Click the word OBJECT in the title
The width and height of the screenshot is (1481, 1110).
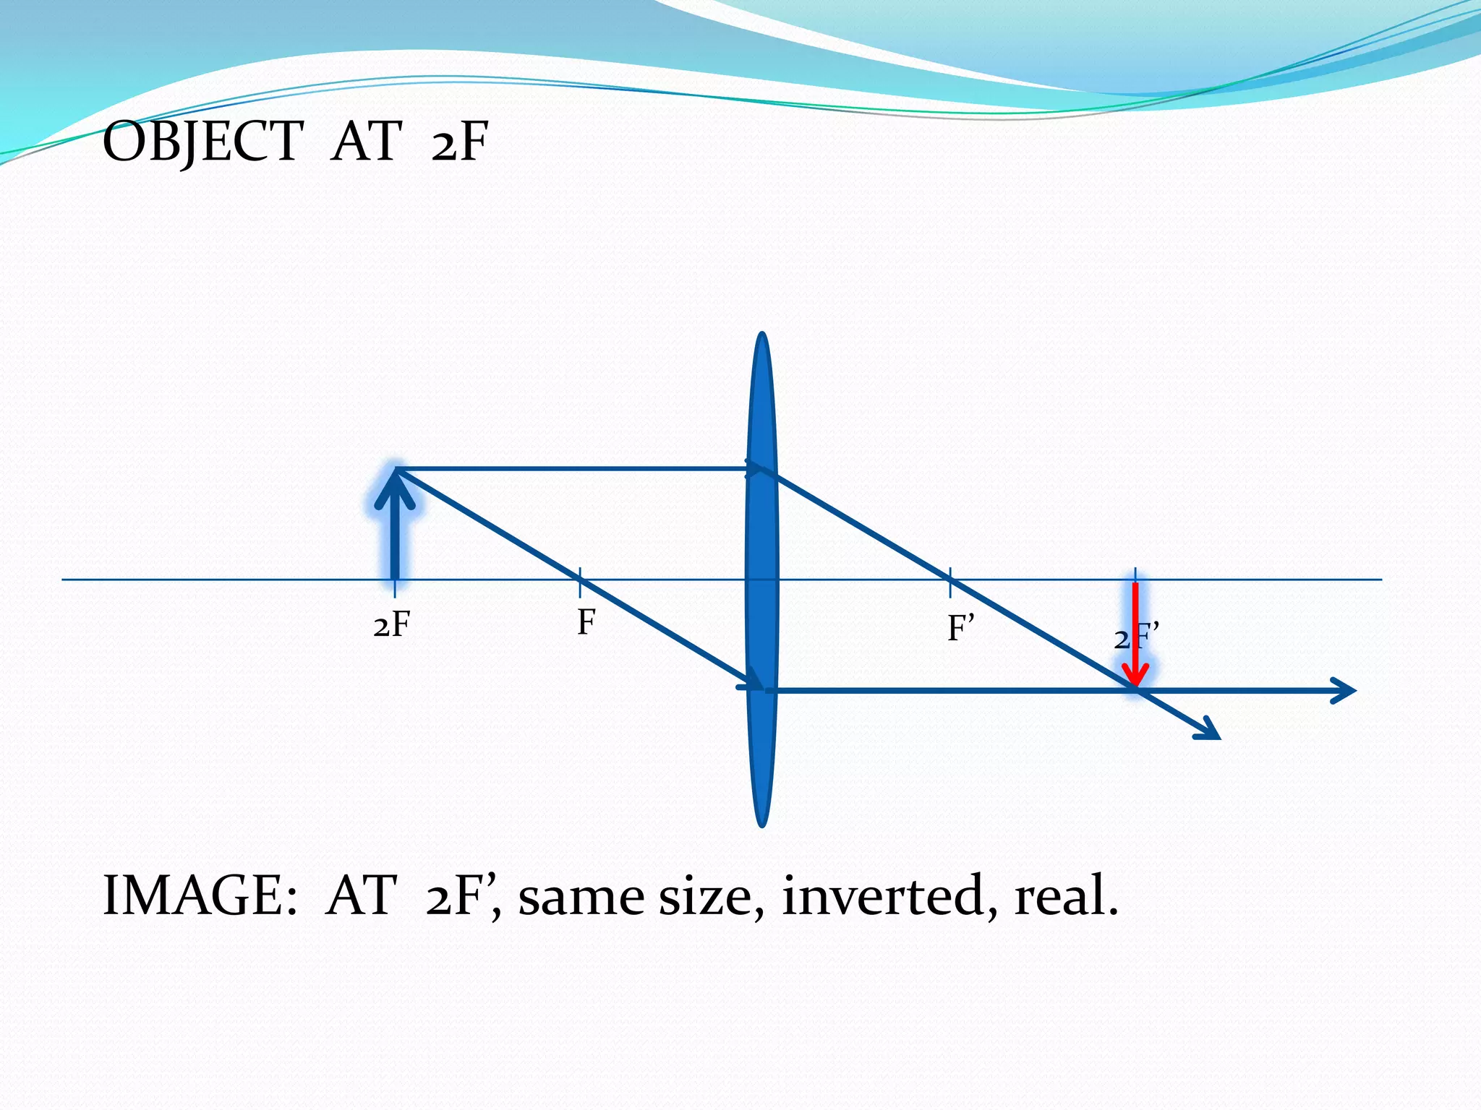[x=202, y=141]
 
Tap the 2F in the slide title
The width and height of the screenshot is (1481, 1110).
[x=460, y=141]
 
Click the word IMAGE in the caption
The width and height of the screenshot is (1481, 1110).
[x=199, y=896]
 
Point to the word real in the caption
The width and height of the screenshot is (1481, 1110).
[x=1064, y=896]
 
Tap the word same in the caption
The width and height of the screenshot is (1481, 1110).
[x=580, y=896]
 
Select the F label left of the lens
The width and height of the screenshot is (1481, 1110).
[x=586, y=622]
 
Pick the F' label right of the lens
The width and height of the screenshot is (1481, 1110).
[x=961, y=628]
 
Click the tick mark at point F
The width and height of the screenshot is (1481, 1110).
[x=580, y=580]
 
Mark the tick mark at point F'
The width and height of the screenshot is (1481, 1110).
[x=950, y=580]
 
